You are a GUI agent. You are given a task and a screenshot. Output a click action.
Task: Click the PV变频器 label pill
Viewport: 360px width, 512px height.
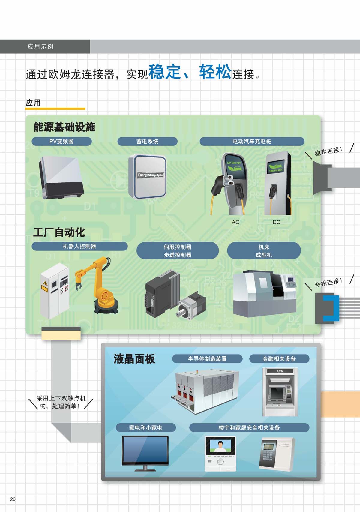(x=61, y=141)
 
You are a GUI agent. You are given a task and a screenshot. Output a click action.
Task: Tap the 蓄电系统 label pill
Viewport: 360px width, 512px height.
(x=147, y=141)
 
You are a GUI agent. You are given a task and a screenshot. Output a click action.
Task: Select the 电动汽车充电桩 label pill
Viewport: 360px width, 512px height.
(x=252, y=141)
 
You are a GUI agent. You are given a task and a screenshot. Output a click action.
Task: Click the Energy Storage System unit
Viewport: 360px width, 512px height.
(x=148, y=176)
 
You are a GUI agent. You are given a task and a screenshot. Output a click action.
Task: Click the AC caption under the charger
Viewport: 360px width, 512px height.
(x=235, y=222)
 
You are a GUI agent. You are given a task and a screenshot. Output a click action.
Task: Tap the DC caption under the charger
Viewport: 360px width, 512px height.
(x=276, y=222)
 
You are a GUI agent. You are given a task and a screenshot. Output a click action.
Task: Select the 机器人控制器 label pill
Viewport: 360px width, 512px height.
(x=79, y=246)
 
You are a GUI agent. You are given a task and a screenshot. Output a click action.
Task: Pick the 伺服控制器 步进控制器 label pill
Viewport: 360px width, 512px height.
(x=178, y=250)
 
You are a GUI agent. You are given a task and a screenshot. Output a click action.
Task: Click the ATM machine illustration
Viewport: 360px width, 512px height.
(x=280, y=392)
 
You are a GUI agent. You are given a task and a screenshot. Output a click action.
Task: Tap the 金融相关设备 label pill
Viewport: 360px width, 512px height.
(x=279, y=359)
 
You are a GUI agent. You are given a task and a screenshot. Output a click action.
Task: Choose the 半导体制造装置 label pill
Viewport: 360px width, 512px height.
(x=207, y=359)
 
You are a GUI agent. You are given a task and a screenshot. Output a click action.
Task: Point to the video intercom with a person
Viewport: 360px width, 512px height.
(x=220, y=454)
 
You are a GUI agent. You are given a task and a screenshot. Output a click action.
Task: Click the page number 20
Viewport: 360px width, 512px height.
(x=13, y=499)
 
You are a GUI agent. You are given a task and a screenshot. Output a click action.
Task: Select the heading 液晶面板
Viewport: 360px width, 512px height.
(x=134, y=359)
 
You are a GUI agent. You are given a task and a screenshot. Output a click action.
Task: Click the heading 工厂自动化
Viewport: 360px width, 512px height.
(x=59, y=232)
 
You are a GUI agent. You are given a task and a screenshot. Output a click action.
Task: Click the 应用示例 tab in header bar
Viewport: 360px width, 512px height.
(x=40, y=46)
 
